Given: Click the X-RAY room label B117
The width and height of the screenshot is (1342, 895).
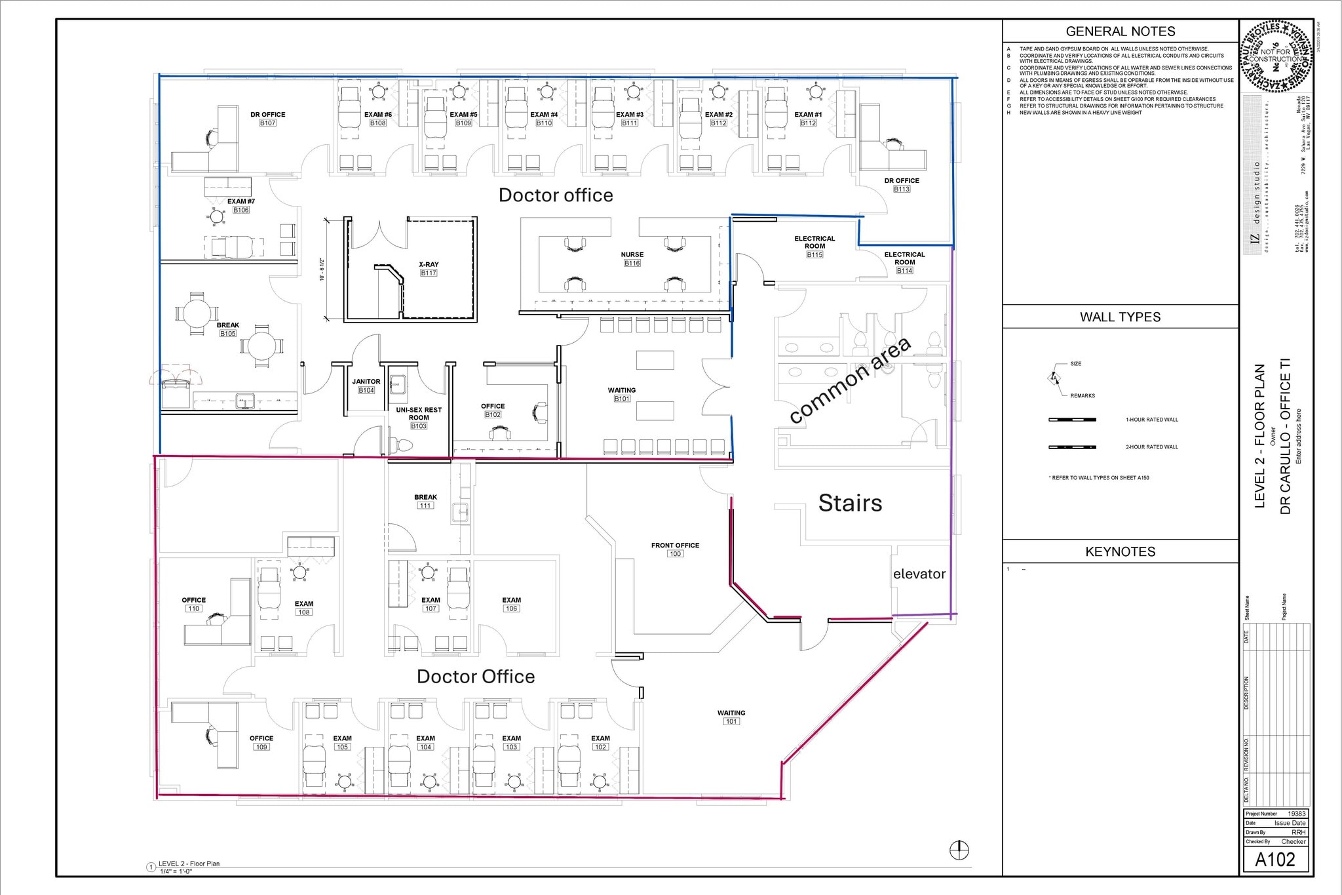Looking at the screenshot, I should (429, 269).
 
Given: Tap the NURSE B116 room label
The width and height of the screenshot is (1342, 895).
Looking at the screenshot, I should (632, 259).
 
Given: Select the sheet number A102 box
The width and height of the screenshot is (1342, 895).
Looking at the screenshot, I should (1275, 860).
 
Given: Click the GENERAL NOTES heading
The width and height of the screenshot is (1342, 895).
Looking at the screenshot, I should (1121, 31).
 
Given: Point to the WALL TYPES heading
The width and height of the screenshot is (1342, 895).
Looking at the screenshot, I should (1121, 317).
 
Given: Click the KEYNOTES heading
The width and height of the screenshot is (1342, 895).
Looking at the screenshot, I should (1121, 552).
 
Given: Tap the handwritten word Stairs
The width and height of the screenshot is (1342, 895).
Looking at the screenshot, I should (850, 503).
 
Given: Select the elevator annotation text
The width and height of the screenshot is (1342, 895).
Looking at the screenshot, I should (919, 574).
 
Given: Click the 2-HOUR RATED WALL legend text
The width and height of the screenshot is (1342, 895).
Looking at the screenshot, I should (1152, 447).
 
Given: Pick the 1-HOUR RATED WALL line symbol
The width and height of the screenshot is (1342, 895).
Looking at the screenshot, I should (1072, 420).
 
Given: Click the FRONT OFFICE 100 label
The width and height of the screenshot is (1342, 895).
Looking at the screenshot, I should (675, 549).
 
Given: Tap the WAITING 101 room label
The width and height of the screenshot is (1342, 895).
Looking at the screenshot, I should (731, 717).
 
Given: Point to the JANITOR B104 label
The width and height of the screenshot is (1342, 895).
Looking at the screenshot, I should (366, 386).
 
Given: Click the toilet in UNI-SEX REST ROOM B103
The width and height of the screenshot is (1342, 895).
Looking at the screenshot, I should (401, 445).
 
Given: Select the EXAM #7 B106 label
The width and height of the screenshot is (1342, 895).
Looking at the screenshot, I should (241, 205).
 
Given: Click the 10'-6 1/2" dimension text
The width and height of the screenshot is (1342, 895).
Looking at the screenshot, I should (322, 269).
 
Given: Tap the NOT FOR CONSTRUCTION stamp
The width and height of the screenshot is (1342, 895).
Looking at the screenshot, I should (1275, 55).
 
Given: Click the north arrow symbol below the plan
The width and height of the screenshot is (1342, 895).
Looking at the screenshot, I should (959, 850).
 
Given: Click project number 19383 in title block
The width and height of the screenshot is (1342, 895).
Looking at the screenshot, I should (1296, 814).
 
